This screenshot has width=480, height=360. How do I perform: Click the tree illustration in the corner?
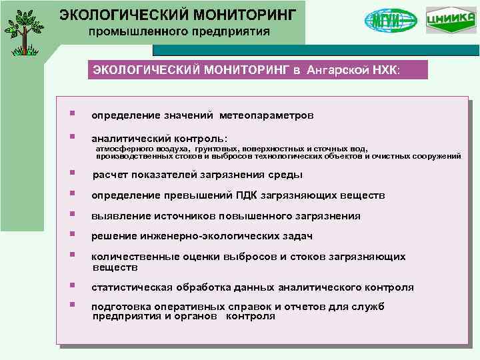point(25,31)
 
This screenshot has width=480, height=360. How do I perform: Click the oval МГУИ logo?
point(390,21)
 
